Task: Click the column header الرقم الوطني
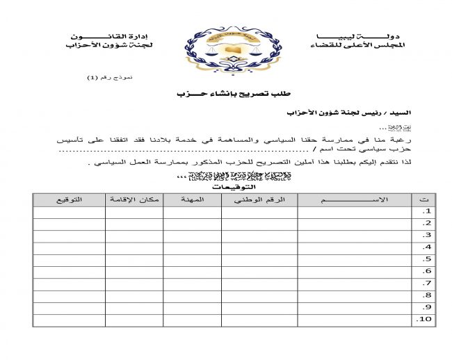(259, 199)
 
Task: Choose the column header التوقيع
(69, 199)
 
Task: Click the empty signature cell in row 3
(69, 236)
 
